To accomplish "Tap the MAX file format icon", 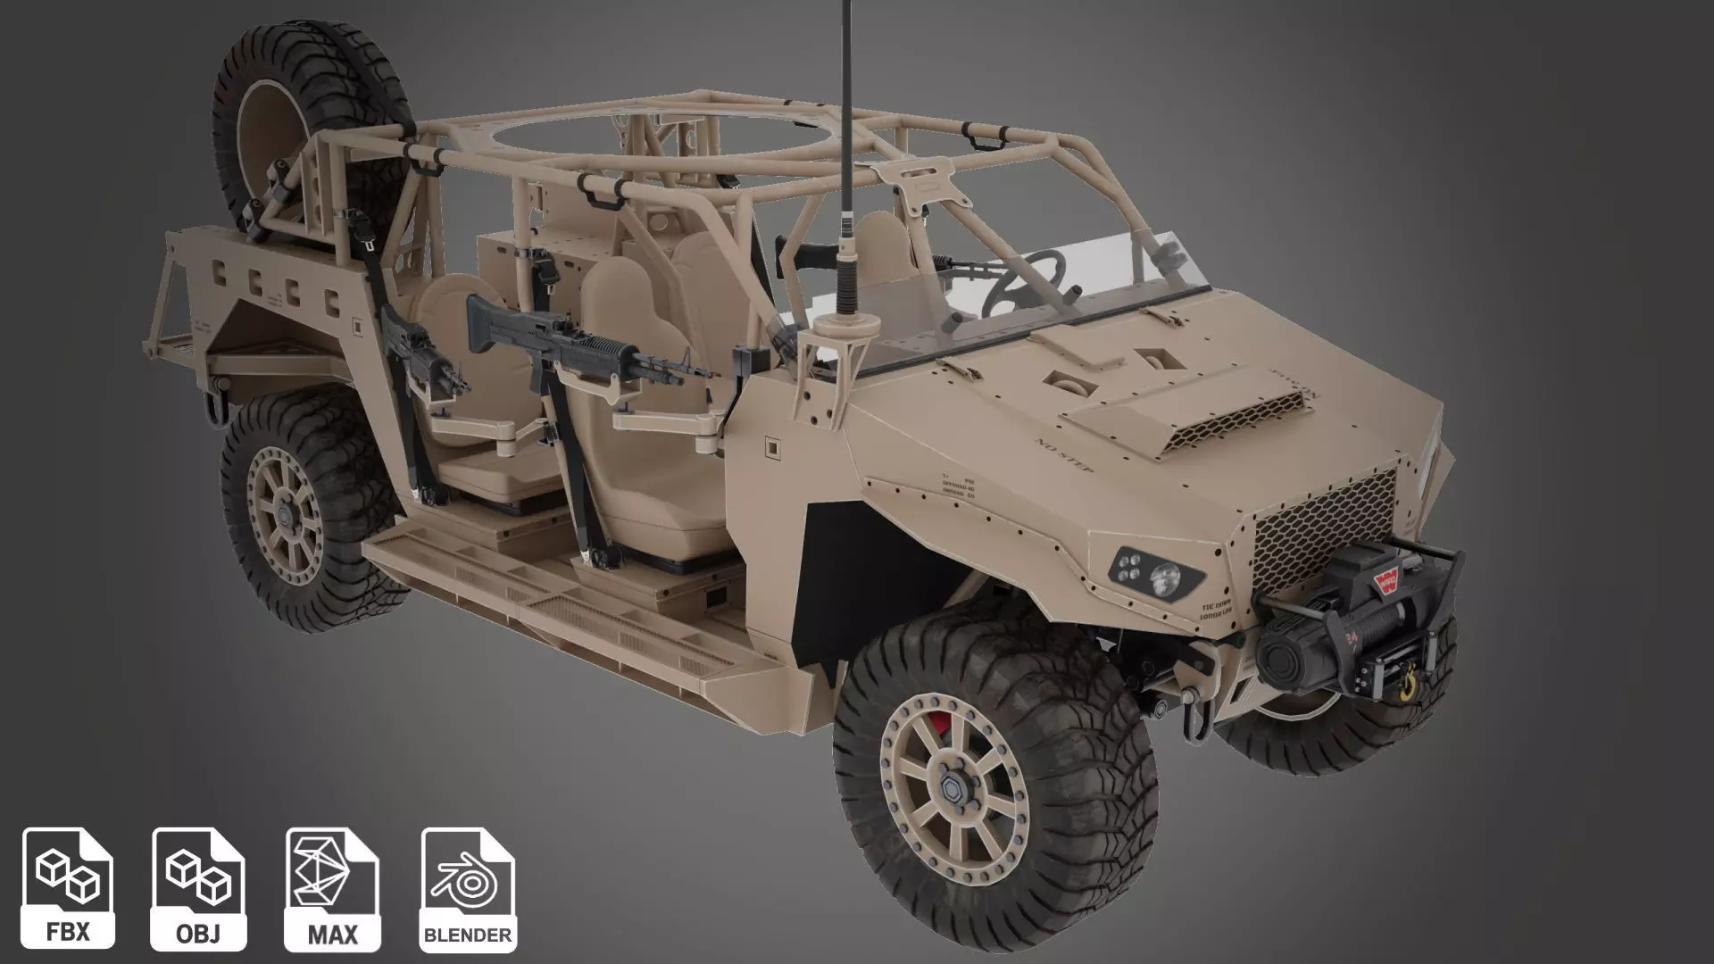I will (332, 888).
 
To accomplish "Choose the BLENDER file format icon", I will (468, 888).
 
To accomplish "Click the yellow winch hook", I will (1407, 683).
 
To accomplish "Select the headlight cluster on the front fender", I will (1152, 571).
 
